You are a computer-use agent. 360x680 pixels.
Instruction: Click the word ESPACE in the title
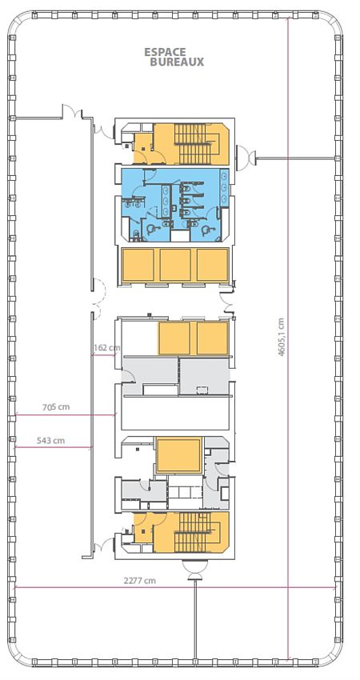pyautogui.click(x=165, y=52)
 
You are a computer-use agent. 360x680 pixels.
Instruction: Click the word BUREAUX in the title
pyautogui.click(x=176, y=62)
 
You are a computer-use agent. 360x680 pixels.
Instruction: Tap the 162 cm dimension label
pyautogui.click(x=106, y=348)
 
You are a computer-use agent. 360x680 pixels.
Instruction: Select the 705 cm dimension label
pyautogui.click(x=56, y=407)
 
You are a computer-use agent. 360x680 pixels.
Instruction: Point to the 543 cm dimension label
pyautogui.click(x=50, y=441)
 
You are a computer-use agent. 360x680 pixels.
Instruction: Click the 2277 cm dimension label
pyautogui.click(x=141, y=581)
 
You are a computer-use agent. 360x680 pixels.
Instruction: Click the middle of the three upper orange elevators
pyautogui.click(x=175, y=265)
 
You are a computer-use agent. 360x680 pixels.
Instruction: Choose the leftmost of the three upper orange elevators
pyautogui.click(x=138, y=265)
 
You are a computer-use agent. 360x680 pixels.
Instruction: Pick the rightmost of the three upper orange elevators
pyautogui.click(x=212, y=265)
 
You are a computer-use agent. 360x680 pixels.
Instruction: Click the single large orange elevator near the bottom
pyautogui.click(x=180, y=455)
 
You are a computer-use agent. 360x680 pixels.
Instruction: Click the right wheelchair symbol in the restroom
pyautogui.click(x=207, y=229)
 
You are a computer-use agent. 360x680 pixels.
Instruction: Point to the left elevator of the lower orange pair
pyautogui.click(x=174, y=338)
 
